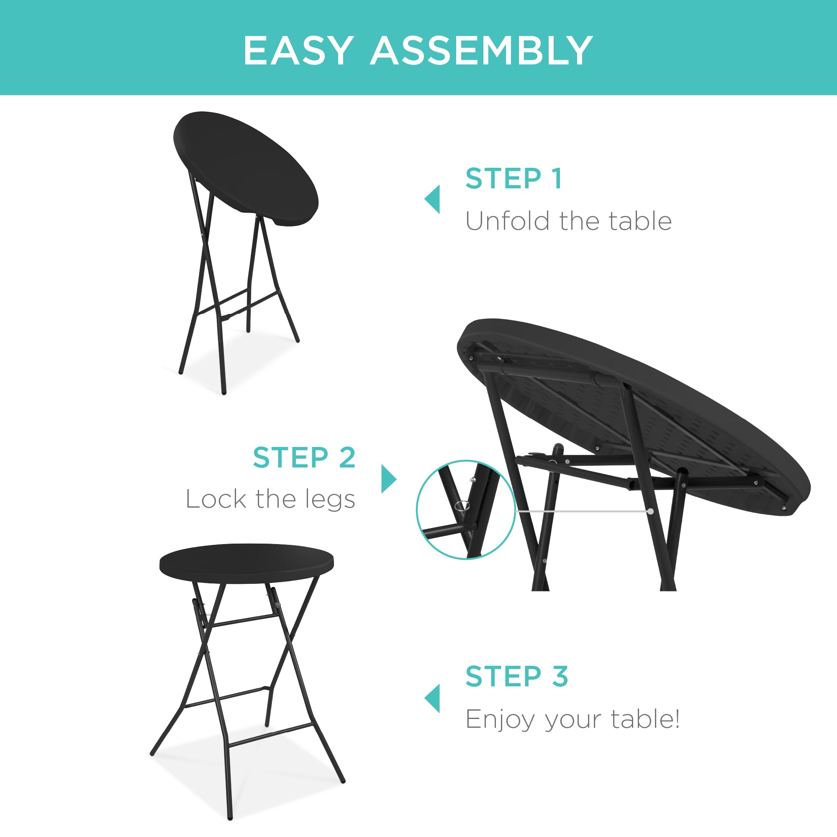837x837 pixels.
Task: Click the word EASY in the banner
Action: pos(298,51)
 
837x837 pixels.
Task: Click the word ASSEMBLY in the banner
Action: pos(481,51)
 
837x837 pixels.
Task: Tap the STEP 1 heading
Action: pos(514,179)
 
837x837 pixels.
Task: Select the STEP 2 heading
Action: pos(304,457)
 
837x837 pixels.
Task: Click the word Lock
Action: pos(216,499)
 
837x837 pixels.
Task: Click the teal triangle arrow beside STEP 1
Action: pos(433,199)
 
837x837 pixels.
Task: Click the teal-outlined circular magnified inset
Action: pos(466,510)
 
